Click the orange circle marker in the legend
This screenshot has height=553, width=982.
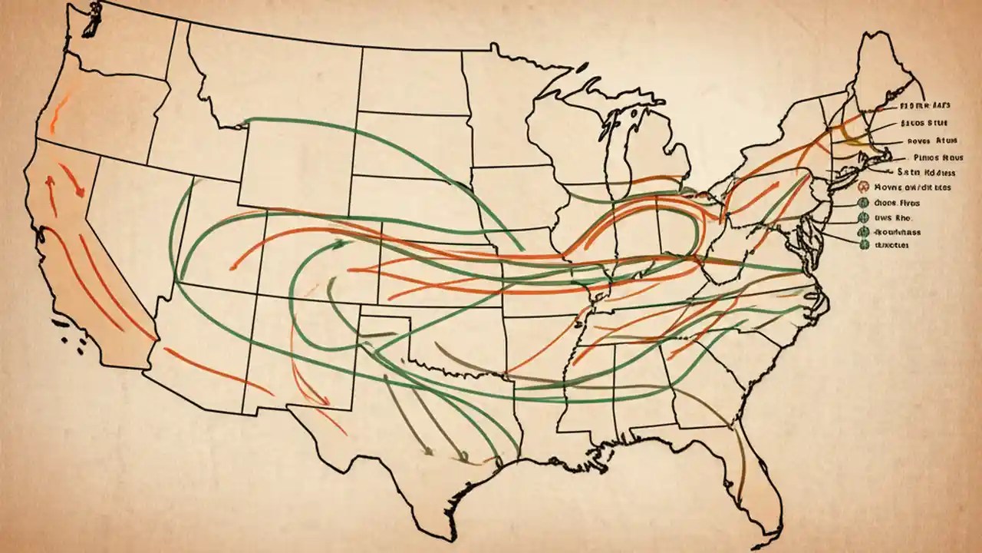pyautogui.click(x=862, y=187)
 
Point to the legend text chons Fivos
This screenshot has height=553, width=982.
pyautogui.click(x=895, y=203)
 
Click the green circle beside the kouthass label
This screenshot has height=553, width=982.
pyautogui.click(x=863, y=231)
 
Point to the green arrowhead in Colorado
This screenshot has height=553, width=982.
pyautogui.click(x=338, y=243)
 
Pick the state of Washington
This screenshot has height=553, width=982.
pyautogui.click(x=123, y=46)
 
